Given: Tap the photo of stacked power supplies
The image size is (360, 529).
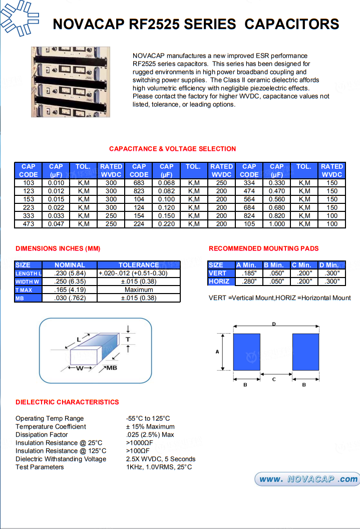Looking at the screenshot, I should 71,82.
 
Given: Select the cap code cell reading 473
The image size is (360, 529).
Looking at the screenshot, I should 29,224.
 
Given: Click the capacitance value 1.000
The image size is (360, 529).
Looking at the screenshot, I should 276,224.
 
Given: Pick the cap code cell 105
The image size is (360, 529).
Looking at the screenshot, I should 249,224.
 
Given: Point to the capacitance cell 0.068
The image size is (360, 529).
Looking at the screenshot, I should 166,183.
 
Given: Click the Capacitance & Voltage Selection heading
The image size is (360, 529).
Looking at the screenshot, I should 172,149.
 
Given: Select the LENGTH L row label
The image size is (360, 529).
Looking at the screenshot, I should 28,274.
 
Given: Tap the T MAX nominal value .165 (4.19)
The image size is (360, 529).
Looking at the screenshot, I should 70,290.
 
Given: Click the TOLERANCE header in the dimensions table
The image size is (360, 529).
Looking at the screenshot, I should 139,265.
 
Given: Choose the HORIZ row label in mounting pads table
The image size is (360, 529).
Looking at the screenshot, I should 219,282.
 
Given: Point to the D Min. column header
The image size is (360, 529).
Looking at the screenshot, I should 332,265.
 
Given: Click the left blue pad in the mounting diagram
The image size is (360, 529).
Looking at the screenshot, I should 247,352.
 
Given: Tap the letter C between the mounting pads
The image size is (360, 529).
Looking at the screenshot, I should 274,380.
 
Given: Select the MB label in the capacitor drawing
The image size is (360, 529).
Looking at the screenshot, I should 111,368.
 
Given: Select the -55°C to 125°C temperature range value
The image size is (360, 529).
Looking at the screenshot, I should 148,418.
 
